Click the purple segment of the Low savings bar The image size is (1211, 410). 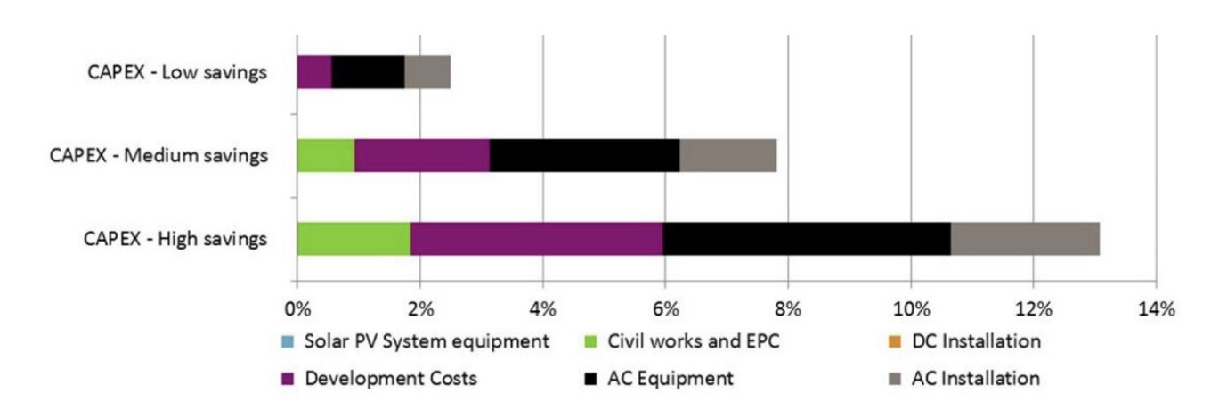314,72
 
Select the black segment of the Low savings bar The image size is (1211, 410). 368,72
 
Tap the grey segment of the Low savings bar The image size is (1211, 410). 427,72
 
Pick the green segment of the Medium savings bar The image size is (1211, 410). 325,155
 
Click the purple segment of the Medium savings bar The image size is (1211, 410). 422,155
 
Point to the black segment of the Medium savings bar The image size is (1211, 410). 584,155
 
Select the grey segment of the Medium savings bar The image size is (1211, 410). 727,155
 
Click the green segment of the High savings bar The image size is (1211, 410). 354,238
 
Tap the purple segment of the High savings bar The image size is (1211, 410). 537,238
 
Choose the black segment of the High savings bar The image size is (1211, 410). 807,238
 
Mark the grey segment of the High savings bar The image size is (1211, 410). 1025,238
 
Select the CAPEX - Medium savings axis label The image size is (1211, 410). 158,156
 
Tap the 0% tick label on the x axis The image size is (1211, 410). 297,310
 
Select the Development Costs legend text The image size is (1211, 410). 391,378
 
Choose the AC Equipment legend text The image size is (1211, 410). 671,378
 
